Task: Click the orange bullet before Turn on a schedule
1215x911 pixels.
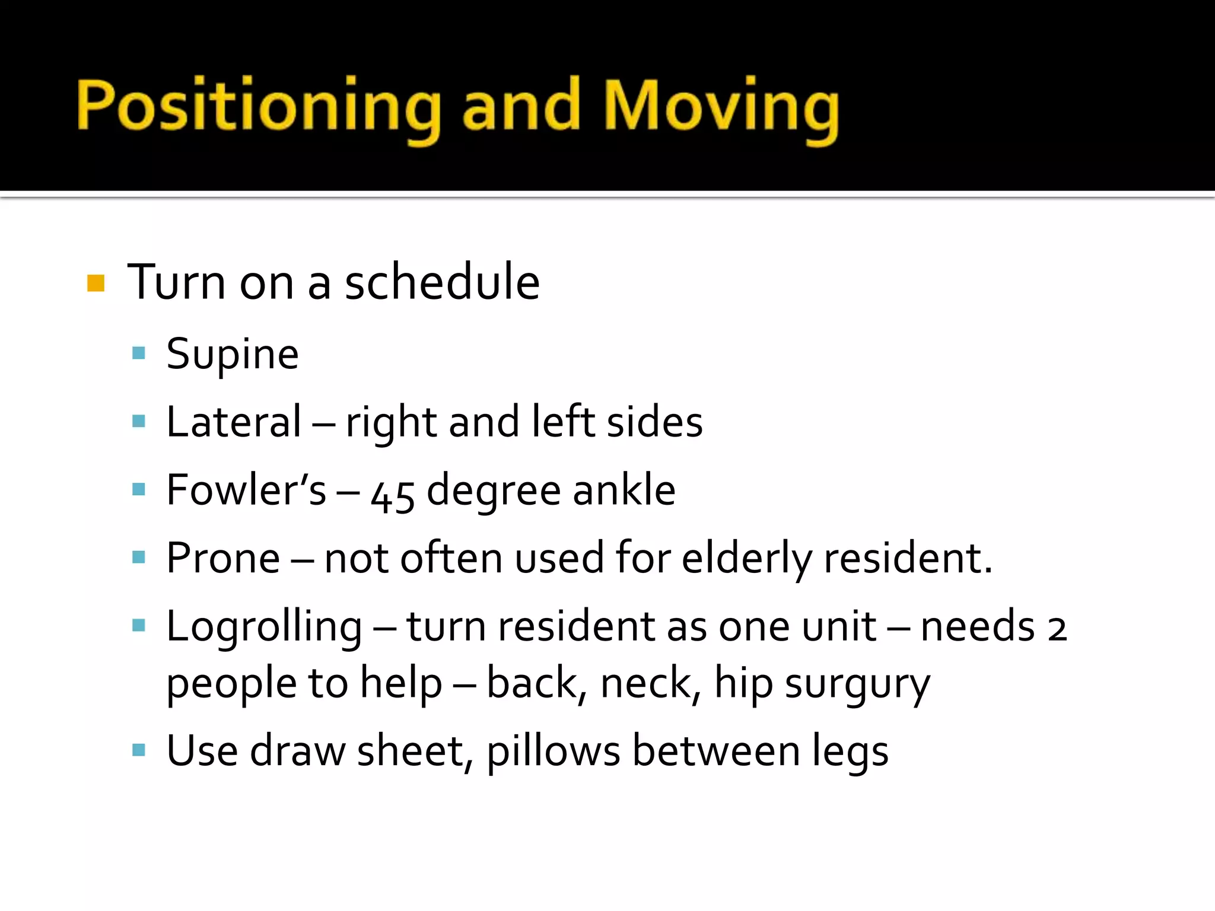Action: (x=96, y=283)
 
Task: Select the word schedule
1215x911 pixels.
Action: (x=442, y=282)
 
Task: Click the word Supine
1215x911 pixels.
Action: (x=233, y=355)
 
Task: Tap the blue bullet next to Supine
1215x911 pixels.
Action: (x=139, y=354)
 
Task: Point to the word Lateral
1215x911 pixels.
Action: (x=234, y=422)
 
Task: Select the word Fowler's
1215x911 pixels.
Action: (x=246, y=490)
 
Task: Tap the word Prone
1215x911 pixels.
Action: (x=223, y=558)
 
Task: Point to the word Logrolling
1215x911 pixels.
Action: (x=264, y=627)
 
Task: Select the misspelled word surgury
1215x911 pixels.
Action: (x=857, y=684)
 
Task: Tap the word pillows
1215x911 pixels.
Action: (x=553, y=751)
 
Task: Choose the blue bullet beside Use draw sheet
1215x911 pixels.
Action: (x=139, y=750)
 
